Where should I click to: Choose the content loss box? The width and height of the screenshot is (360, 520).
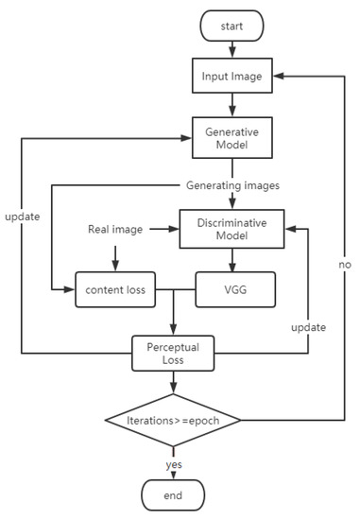[x=115, y=289]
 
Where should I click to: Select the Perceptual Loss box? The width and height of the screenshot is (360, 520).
[x=174, y=353]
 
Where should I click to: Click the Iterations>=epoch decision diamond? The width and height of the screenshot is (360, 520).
[x=174, y=418]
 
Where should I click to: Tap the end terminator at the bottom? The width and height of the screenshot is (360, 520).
[x=174, y=494]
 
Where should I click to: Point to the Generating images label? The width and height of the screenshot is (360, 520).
[x=231, y=184]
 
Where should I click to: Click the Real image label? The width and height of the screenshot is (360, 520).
[x=115, y=229]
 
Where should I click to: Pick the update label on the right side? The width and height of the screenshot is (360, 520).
[x=309, y=327]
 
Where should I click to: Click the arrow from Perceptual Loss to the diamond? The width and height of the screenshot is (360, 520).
[x=174, y=383]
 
